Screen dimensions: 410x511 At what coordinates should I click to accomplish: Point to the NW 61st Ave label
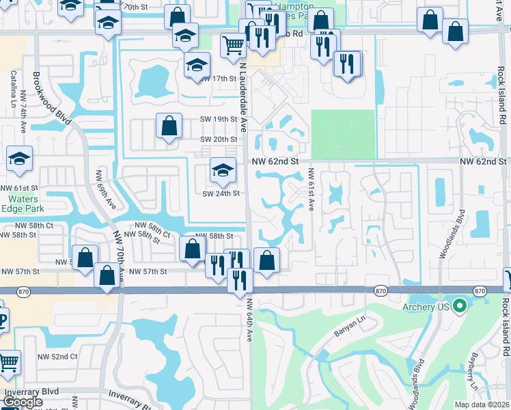coord(311,189)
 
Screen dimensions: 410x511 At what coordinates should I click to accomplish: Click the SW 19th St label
coord(218,119)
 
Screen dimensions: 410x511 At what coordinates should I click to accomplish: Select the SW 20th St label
coord(218,139)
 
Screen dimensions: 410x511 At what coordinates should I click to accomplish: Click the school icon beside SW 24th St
coord(222,172)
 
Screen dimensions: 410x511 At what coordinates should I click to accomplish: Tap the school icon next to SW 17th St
coord(196,67)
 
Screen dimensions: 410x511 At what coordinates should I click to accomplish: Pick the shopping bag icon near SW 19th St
coord(169,126)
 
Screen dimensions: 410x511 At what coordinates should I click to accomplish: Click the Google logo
coord(23,402)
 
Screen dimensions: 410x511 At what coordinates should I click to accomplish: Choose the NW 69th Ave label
coord(101,189)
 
